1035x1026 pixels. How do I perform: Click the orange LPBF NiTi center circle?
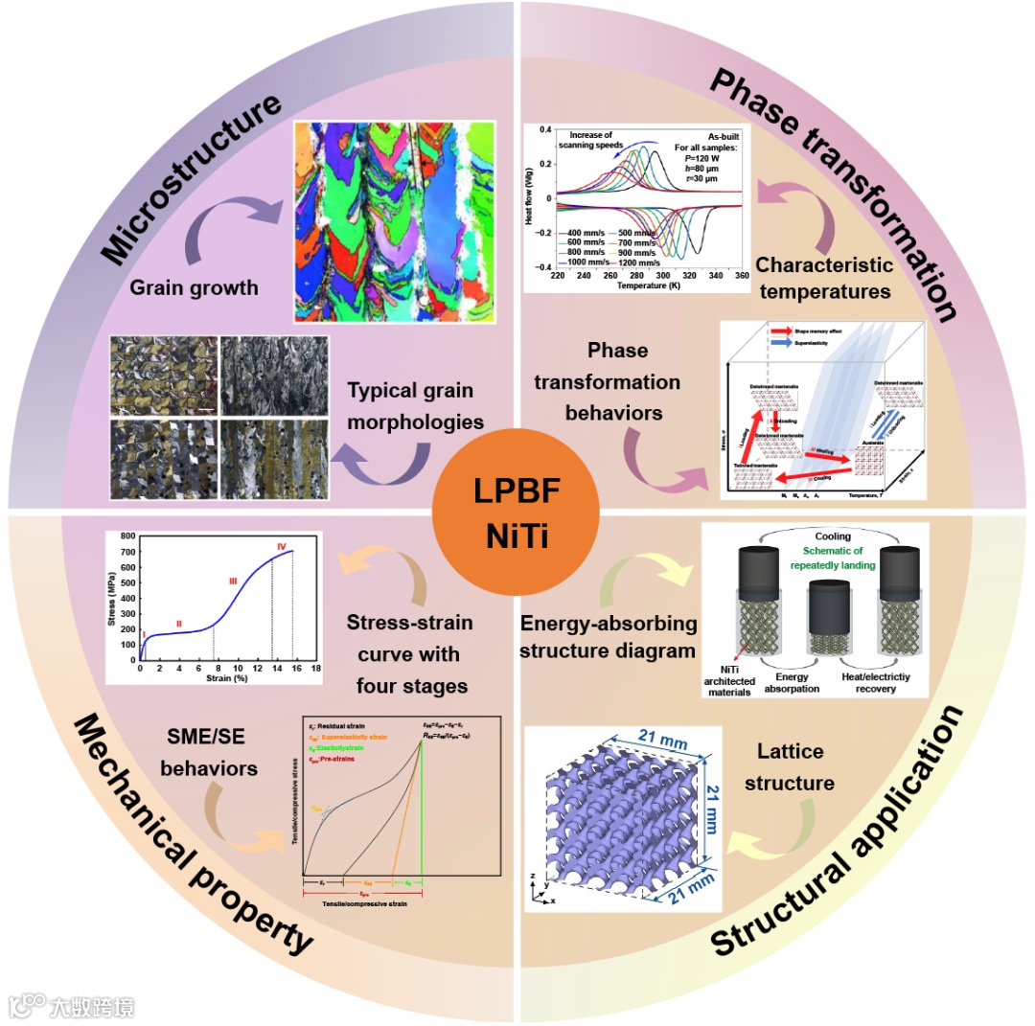point(517,512)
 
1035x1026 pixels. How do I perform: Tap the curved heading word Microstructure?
point(192,178)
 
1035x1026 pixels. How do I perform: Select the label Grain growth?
point(195,286)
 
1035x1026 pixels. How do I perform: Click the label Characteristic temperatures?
point(823,276)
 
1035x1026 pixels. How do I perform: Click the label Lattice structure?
point(789,767)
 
